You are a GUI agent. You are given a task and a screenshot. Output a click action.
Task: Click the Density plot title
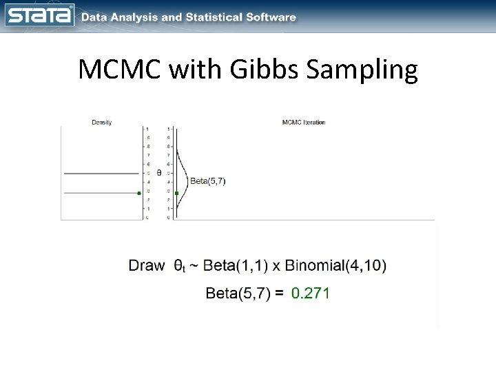[x=102, y=123]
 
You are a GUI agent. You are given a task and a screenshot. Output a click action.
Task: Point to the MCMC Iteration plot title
[x=304, y=123]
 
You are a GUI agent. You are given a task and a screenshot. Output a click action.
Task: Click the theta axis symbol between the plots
[x=158, y=173]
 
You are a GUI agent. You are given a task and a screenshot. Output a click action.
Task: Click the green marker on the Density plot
[x=140, y=193]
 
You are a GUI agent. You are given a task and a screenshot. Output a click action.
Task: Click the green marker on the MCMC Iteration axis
[x=176, y=193]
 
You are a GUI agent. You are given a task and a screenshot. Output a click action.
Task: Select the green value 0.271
[x=311, y=293]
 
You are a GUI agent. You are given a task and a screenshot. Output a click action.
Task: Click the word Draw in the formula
[x=146, y=265]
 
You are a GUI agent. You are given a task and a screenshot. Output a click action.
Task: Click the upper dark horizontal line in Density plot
[x=101, y=174]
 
